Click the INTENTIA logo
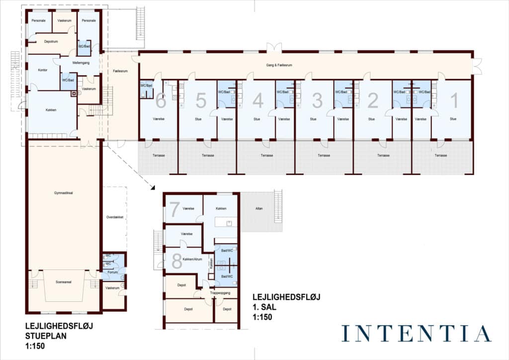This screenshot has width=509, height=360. click(417, 333)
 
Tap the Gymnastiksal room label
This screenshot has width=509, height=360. click(63, 193)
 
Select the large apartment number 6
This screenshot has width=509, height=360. click(161, 100)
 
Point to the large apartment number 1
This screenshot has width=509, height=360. click(454, 100)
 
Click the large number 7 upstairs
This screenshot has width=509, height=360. click(174, 209)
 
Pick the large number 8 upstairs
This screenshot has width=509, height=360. click(176, 261)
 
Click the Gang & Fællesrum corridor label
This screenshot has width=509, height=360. click(279, 65)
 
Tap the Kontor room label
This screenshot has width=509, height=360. click(43, 70)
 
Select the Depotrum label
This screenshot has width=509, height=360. click(51, 42)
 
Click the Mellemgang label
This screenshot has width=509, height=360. click(81, 63)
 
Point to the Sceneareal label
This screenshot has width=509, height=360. click(63, 282)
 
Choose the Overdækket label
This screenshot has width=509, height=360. click(115, 217)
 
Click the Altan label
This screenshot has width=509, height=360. click(259, 208)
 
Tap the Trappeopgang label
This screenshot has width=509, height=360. click(220, 293)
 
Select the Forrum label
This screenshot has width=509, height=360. click(113, 272)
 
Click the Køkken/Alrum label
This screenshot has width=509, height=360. click(192, 259)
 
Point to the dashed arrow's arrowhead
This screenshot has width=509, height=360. click(153, 187)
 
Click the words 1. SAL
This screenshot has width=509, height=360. click(264, 307)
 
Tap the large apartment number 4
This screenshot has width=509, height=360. click(258, 100)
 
